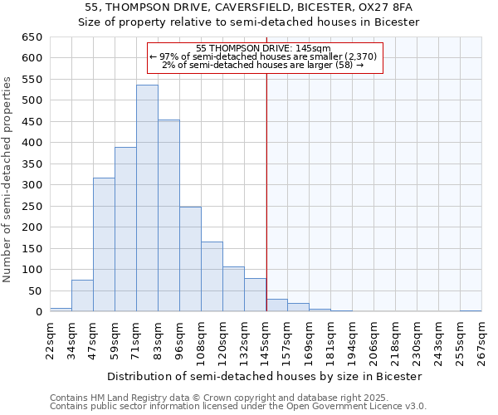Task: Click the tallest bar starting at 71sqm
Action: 147,198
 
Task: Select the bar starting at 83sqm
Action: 168,216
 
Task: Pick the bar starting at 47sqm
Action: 104,245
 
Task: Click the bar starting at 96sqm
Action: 190,259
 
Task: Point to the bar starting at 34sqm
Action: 82,295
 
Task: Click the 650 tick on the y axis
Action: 31,37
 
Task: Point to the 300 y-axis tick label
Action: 31,185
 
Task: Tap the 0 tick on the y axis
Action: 38,312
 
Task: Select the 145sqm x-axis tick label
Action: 266,339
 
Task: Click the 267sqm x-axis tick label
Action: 482,339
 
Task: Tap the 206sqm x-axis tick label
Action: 374,339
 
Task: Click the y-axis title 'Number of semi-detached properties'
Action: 7,179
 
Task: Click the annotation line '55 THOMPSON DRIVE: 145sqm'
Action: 265,48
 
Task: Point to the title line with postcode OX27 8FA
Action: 249,7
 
